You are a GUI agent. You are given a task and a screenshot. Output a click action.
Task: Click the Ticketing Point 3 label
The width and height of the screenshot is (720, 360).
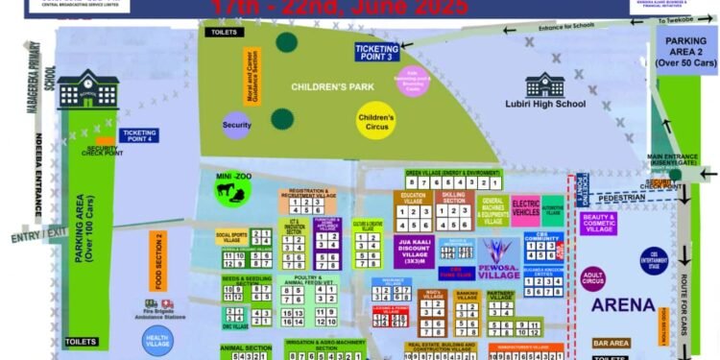click(377, 52)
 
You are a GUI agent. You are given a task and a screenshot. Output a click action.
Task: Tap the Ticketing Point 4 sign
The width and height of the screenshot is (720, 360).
click(140, 135)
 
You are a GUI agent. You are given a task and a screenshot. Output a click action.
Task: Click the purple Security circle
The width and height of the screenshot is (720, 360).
click(236, 125)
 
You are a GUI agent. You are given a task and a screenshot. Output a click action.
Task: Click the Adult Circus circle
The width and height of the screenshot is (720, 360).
click(593, 279)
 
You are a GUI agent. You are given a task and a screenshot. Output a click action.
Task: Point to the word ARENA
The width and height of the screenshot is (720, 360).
click(623, 305)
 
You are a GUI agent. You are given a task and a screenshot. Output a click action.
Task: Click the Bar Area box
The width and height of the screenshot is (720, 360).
click(611, 343)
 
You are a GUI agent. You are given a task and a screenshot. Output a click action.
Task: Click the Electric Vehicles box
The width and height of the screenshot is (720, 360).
click(525, 208)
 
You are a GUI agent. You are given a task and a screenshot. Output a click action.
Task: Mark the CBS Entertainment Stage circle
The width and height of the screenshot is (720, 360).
click(654, 260)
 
